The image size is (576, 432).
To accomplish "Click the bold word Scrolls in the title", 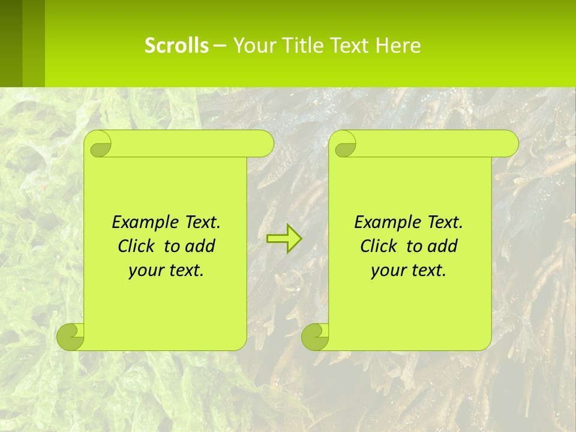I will (176, 46).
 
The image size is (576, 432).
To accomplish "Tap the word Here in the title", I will (398, 46).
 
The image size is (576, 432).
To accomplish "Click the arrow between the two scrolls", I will (284, 239).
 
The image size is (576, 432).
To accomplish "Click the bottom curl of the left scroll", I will (71, 337).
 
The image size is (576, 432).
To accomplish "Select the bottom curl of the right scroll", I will (316, 337).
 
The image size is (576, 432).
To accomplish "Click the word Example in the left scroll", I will (143, 223).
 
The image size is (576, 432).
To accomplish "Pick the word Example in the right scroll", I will (385, 223).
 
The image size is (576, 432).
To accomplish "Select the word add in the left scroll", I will (201, 246).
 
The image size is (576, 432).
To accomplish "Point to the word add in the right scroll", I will (443, 246).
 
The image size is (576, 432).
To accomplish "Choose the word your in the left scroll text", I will (145, 271).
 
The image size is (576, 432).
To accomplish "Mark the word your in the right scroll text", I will (387, 271).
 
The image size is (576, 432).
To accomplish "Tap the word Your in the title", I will (253, 46).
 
